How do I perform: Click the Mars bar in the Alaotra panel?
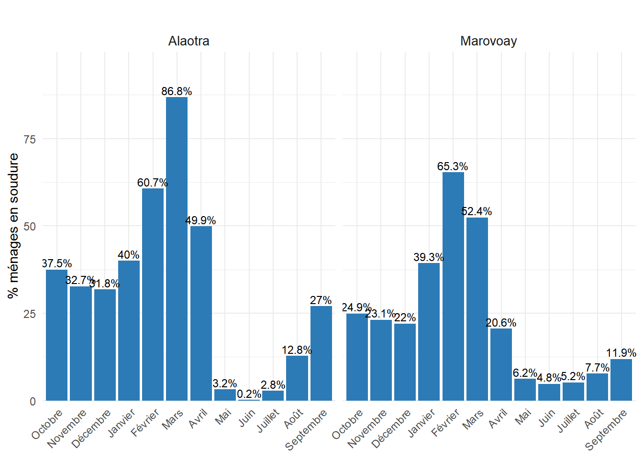177,249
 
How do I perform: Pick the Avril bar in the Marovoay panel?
501,364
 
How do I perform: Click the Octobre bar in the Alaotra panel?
56,335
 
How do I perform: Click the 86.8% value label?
177,91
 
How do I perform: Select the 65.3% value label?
453,166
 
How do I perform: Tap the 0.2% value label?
249,394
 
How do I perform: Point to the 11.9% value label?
621,353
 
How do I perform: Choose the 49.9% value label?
200,220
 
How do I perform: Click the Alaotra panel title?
188,41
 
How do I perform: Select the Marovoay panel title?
488,41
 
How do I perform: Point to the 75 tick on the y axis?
30,139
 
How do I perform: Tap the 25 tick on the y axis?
30,314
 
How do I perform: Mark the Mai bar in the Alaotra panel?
225,395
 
